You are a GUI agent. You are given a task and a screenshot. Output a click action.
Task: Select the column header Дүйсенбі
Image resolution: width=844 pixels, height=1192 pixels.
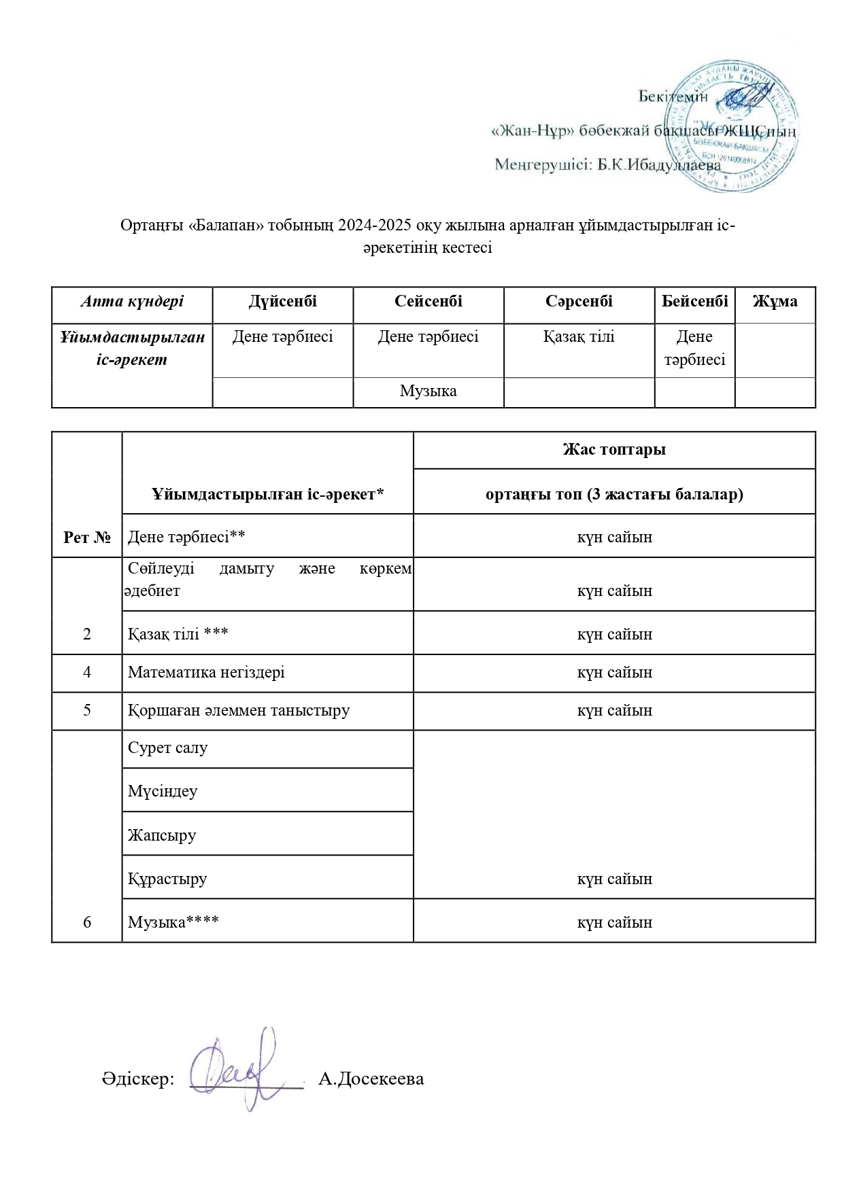coord(283,302)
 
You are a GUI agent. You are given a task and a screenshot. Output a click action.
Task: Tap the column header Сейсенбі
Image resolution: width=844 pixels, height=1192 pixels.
coord(428,302)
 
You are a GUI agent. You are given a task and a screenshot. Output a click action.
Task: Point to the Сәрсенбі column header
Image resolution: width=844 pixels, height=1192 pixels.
coord(579,302)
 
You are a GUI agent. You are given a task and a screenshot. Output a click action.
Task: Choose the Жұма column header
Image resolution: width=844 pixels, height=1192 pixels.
coord(775,302)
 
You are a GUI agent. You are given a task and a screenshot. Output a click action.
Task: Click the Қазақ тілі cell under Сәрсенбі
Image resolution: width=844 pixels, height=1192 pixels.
coord(579,337)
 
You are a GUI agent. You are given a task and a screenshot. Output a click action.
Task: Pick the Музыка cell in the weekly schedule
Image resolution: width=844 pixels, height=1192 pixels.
coord(428,391)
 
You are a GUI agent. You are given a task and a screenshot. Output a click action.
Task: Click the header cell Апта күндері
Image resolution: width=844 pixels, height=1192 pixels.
coord(132,302)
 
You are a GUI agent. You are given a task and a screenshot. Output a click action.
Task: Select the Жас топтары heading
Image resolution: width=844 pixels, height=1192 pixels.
coord(614,450)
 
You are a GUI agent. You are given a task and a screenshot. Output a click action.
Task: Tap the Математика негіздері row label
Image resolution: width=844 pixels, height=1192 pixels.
coord(206,673)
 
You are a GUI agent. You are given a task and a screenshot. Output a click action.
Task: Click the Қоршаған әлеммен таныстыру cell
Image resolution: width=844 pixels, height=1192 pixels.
coord(239,711)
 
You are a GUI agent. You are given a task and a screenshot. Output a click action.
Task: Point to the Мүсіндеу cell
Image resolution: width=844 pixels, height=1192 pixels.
coord(163,791)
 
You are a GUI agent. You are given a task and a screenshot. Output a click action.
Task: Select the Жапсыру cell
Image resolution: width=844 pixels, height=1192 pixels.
coord(162,835)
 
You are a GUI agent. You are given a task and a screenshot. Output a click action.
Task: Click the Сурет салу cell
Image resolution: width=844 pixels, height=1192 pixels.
coord(168,748)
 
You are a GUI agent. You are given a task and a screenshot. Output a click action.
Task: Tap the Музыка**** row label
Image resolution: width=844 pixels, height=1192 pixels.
coord(173,922)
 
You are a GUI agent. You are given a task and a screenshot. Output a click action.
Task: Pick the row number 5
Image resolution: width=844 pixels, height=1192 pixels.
coord(87,711)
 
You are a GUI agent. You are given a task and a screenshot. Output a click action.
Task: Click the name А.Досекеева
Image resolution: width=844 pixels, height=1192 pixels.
coord(371,1079)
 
